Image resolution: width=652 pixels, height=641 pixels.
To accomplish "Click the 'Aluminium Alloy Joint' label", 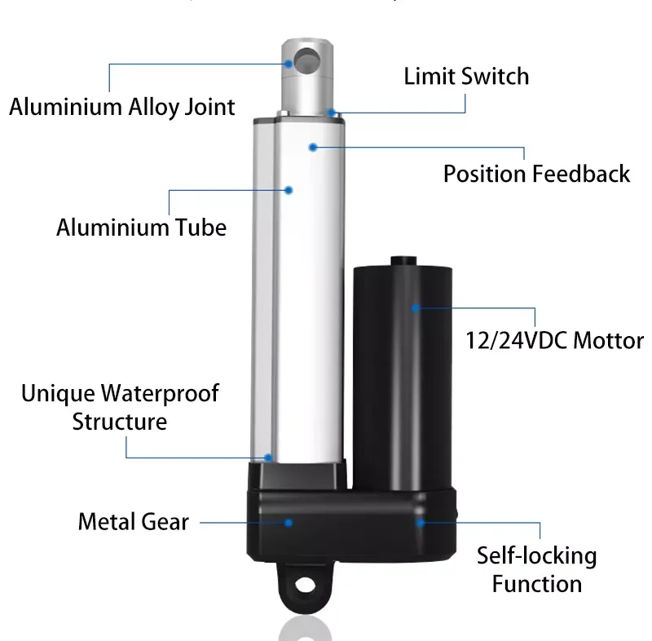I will click(x=122, y=107).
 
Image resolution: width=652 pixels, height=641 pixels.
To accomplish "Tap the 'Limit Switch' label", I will click(x=466, y=77).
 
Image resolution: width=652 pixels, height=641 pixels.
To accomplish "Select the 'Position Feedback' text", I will click(x=536, y=174).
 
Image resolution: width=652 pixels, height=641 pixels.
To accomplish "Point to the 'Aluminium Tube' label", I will click(x=141, y=227).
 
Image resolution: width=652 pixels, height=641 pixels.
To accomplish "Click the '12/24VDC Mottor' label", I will click(x=554, y=340).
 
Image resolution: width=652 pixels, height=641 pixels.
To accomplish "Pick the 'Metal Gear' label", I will click(x=133, y=522).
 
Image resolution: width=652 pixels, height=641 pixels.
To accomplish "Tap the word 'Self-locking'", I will click(x=536, y=556).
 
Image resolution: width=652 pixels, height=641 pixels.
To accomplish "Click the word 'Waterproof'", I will click(x=160, y=394).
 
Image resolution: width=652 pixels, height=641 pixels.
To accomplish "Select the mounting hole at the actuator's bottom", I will click(x=305, y=584).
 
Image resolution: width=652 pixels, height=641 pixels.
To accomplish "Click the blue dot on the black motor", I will click(x=415, y=308).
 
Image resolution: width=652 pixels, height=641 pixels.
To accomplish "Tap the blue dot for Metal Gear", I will click(x=289, y=522).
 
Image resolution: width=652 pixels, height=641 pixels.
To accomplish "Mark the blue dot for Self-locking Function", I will click(x=421, y=522).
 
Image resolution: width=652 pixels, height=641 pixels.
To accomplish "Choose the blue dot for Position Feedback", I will click(x=312, y=147).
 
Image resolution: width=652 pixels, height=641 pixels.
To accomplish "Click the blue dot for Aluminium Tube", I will click(x=289, y=189).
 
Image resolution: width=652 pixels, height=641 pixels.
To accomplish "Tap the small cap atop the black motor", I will click(x=403, y=261).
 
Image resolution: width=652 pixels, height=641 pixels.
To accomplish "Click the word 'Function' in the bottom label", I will click(x=536, y=584).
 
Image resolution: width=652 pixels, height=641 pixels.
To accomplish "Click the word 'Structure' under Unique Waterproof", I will click(x=120, y=422).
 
